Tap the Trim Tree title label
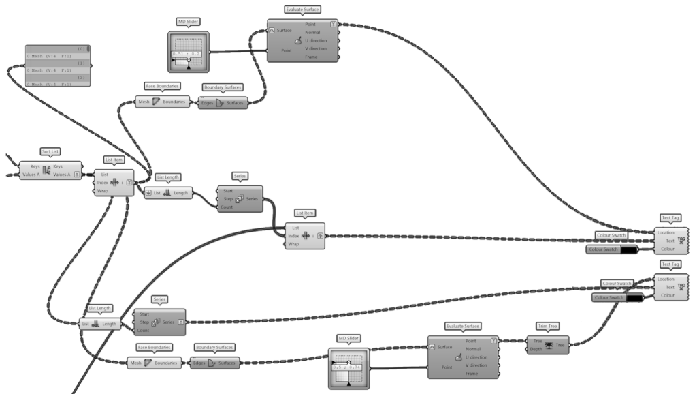(x=547, y=326)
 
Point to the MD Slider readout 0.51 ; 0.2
(x=186, y=54)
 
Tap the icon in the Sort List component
(x=46, y=170)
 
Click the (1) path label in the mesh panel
(x=81, y=63)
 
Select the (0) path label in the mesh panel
(x=81, y=48)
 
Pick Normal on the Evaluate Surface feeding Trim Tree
(x=472, y=349)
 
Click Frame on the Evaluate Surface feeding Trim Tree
(x=471, y=374)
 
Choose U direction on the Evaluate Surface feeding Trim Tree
(x=476, y=357)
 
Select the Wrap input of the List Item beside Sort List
(x=103, y=191)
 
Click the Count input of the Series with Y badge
(x=143, y=330)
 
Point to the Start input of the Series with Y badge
(x=144, y=314)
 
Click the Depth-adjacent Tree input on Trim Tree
(x=538, y=340)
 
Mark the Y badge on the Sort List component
(x=76, y=175)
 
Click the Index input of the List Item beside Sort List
(x=103, y=183)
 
